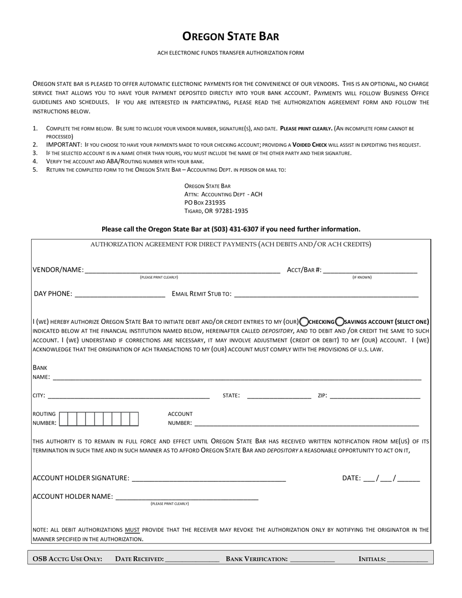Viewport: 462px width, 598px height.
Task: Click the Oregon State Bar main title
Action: point(231,36)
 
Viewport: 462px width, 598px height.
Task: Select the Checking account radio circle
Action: point(304,321)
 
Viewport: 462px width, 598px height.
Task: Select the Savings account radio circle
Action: point(340,321)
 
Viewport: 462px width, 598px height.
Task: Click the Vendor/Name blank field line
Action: point(182,270)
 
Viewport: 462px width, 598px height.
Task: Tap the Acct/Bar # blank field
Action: point(370,270)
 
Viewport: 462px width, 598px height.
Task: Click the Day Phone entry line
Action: point(120,294)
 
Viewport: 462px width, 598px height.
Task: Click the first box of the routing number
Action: point(64,419)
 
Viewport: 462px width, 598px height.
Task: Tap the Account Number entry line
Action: point(306,422)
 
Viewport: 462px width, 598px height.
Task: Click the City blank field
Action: point(128,395)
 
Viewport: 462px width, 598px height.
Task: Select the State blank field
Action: point(279,395)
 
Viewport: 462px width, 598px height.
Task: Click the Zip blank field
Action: point(374,395)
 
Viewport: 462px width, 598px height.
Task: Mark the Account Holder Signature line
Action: point(209,478)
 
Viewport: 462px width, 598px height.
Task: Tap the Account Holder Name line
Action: point(187,496)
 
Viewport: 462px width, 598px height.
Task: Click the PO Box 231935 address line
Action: point(205,202)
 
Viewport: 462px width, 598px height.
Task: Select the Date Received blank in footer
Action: point(192,559)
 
